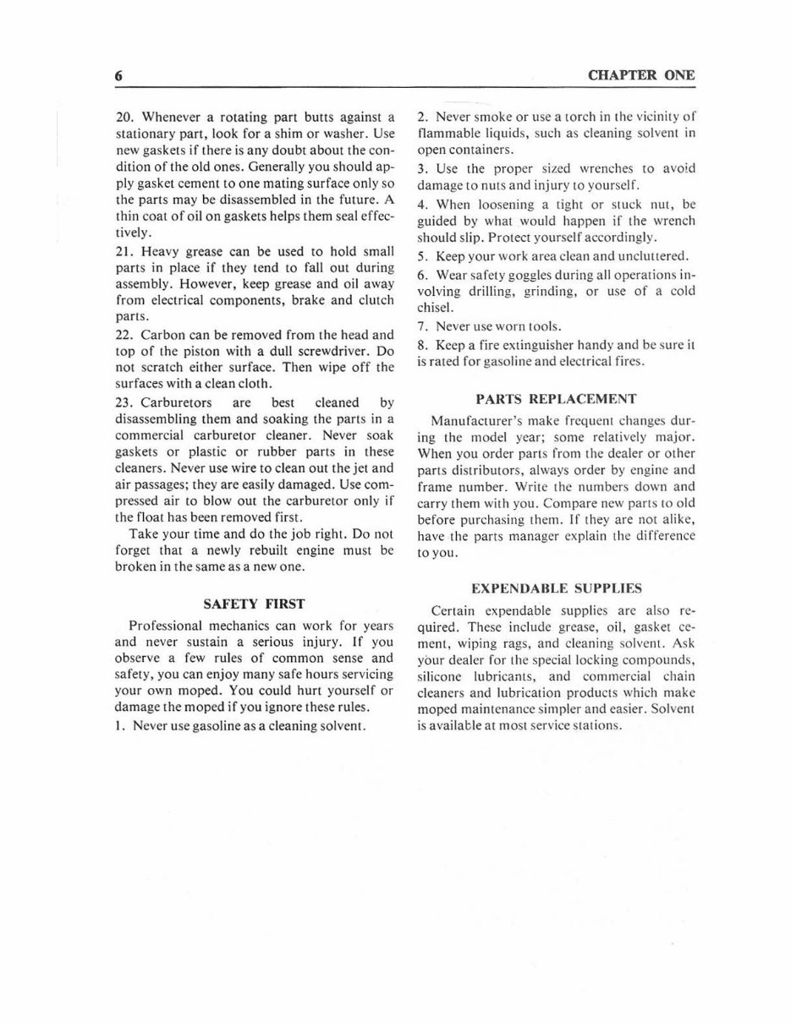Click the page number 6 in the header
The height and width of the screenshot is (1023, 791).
pyautogui.click(x=119, y=76)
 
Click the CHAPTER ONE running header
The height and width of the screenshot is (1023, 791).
pyautogui.click(x=641, y=75)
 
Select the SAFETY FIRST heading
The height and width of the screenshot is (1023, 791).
pyautogui.click(x=254, y=604)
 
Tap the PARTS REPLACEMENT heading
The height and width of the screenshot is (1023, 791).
pyautogui.click(x=556, y=398)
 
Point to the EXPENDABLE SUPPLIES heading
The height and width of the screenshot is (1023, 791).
pyautogui.click(x=556, y=588)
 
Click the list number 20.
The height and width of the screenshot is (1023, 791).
pyautogui.click(x=124, y=117)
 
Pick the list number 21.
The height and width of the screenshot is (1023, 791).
pyautogui.click(x=124, y=251)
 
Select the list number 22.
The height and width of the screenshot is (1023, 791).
pyautogui.click(x=124, y=334)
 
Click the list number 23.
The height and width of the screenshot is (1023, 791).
pyautogui.click(x=124, y=402)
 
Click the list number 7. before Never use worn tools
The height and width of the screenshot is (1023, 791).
pyautogui.click(x=422, y=326)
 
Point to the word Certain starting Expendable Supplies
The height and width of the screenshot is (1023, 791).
pyautogui.click(x=454, y=610)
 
